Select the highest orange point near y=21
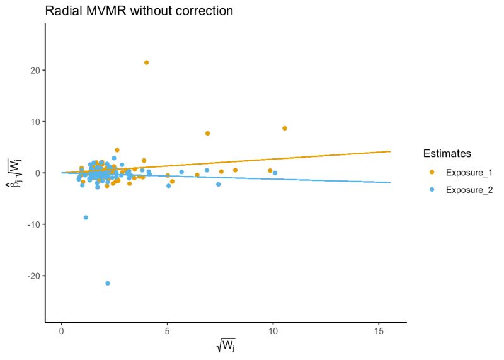146,62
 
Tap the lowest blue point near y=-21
108,283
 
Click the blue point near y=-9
86,218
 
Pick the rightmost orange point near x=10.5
285,128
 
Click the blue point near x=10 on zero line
275,173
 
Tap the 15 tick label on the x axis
379,332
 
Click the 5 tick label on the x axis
167,332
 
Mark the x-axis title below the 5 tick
226,346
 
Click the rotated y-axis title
15,172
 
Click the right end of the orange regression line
391,151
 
